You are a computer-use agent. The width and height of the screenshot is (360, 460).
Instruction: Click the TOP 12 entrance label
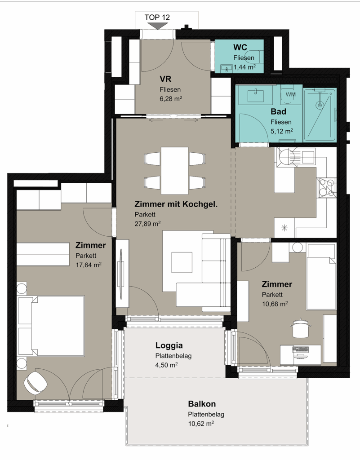pyautogui.click(x=157, y=18)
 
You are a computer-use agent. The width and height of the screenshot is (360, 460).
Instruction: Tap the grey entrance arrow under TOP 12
pyautogui.click(x=158, y=26)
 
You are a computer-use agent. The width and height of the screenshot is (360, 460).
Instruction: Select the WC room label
pyautogui.click(x=240, y=47)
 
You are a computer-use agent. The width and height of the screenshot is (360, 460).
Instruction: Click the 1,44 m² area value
pyautogui.click(x=244, y=67)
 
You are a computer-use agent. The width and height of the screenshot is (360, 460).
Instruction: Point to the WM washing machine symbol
pyautogui.click(x=290, y=94)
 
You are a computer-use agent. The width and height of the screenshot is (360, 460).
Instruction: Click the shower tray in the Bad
pyautogui.click(x=320, y=115)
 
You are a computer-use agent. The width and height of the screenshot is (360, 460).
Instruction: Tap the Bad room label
pyautogui.click(x=279, y=111)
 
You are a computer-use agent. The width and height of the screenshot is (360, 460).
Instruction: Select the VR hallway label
pyautogui.click(x=165, y=79)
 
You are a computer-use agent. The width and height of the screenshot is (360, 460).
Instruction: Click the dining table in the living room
pyautogui.click(x=174, y=170)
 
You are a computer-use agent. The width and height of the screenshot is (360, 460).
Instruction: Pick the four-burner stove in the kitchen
pyautogui.click(x=327, y=187)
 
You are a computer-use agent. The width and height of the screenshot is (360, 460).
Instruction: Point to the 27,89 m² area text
pyautogui.click(x=147, y=224)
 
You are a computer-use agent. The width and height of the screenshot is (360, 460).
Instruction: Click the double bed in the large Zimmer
pyautogui.click(x=51, y=326)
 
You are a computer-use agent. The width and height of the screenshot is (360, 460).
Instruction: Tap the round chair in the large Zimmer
pyautogui.click(x=36, y=382)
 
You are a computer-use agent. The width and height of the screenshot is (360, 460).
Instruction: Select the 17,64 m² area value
pyautogui.click(x=88, y=265)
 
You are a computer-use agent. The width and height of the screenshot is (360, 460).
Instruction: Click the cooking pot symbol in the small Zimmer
pyautogui.click(x=300, y=328)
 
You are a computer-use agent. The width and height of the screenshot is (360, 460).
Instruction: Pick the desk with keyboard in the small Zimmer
pyautogui.click(x=300, y=355)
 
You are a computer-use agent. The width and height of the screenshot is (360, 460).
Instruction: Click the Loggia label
pyautogui.click(x=169, y=345)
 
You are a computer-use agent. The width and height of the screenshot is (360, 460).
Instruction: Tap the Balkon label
pyautogui.click(x=202, y=404)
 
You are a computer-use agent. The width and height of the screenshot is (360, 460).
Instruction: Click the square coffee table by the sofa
pyautogui.click(x=182, y=262)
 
